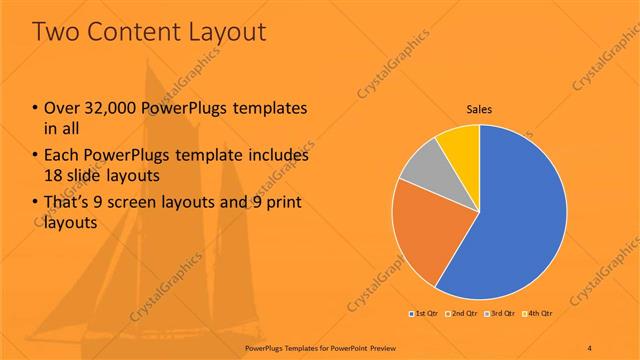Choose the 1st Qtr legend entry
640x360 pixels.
[x=424, y=314]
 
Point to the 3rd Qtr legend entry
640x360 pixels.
[x=500, y=314]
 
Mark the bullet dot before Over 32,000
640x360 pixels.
[x=36, y=108]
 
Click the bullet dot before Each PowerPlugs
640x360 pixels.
[x=36, y=156]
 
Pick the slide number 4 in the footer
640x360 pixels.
[x=590, y=346]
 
